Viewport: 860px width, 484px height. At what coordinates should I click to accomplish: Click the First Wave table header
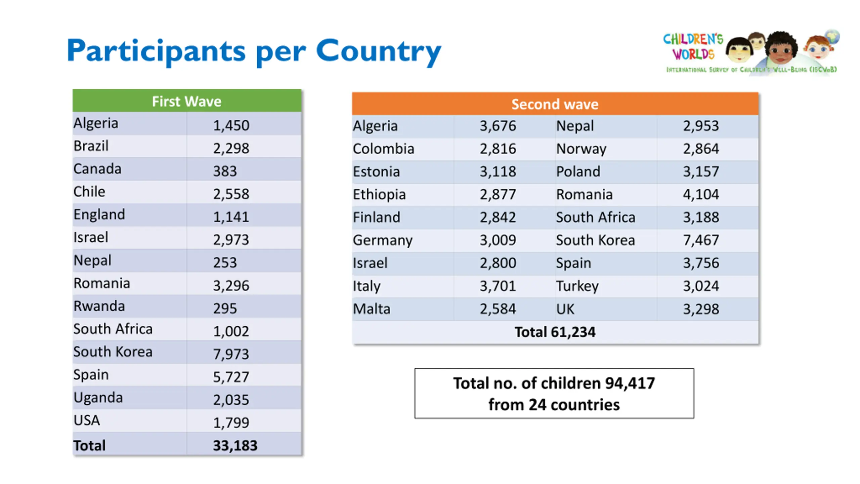(x=186, y=101)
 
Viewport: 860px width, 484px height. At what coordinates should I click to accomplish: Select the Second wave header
(x=555, y=104)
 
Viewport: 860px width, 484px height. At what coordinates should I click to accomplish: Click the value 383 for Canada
(x=225, y=171)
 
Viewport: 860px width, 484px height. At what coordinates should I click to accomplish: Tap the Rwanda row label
(x=99, y=306)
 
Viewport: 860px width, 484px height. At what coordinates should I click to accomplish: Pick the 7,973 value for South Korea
(x=231, y=354)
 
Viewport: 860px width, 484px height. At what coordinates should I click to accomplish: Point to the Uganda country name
(x=98, y=398)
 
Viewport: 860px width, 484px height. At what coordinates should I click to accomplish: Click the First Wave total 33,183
(x=235, y=446)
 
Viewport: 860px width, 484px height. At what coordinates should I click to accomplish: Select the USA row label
(x=87, y=420)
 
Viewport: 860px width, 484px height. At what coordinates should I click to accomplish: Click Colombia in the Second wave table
(x=383, y=149)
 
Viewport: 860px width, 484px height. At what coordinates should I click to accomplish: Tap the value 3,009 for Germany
(x=498, y=240)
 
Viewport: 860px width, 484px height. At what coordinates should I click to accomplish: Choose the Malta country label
(x=372, y=309)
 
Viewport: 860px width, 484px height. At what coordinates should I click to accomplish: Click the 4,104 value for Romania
(x=701, y=194)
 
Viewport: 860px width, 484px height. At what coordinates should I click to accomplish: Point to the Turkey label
(x=577, y=286)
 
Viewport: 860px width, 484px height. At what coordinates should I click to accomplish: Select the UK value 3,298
(x=701, y=309)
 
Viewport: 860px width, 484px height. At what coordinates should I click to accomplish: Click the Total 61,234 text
(x=555, y=332)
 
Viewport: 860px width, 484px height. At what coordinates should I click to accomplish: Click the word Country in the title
(x=378, y=51)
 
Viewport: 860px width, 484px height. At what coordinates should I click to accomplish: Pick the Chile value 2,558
(x=231, y=194)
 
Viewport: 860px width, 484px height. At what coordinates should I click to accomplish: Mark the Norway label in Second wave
(x=581, y=149)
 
